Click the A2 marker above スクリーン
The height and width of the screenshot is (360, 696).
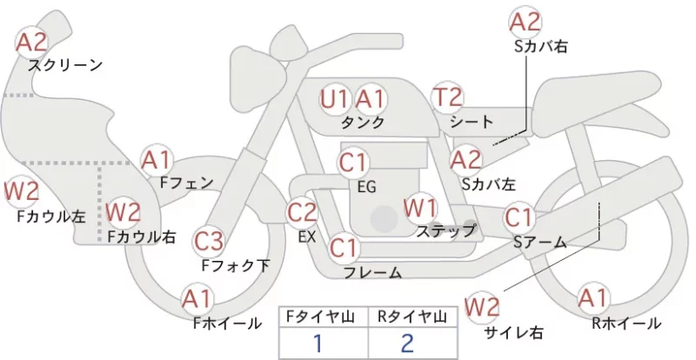click(x=31, y=42)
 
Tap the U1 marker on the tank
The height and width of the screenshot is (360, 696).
click(x=335, y=99)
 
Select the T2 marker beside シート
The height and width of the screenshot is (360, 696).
click(x=447, y=97)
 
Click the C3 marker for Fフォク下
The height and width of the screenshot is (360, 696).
click(x=209, y=242)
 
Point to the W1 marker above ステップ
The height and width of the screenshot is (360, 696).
click(x=420, y=208)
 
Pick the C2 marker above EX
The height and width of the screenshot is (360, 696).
click(x=302, y=212)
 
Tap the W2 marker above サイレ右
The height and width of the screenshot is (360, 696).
click(x=482, y=307)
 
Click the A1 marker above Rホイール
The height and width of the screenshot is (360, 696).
click(x=592, y=298)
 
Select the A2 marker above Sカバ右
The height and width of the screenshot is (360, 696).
click(x=525, y=22)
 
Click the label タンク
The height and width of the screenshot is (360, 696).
click(x=363, y=122)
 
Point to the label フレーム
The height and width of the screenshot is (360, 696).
click(x=373, y=273)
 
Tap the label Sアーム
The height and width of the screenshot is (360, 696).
click(x=540, y=242)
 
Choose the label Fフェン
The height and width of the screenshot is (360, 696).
click(x=186, y=183)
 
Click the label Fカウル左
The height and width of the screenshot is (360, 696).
click(x=51, y=217)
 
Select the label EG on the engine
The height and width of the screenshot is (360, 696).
click(x=366, y=187)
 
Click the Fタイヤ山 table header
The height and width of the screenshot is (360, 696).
click(x=323, y=317)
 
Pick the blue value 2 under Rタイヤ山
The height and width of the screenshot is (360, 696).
click(x=407, y=343)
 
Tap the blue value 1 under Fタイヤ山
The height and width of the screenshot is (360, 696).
click(x=318, y=343)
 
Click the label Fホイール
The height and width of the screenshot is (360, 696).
click(x=227, y=323)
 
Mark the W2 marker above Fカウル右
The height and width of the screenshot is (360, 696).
click(x=124, y=212)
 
